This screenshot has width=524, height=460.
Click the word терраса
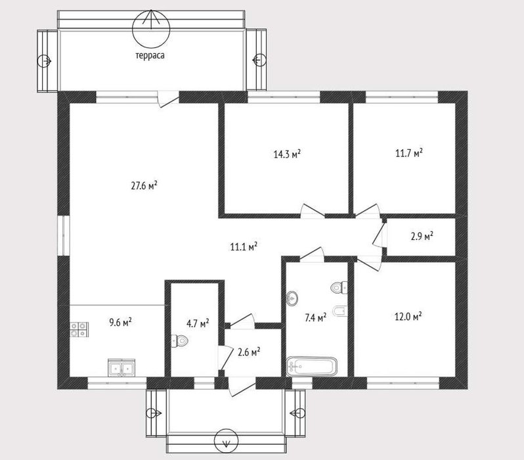coord(150,56)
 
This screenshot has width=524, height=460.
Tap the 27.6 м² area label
coord(144,185)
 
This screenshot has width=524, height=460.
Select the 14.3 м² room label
coord(287,154)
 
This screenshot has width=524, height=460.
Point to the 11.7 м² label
coord(409,153)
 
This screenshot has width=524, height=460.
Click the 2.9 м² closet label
coord(422,236)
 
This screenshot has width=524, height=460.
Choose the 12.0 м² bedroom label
coord(408,316)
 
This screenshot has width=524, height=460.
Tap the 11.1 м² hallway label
coord(244,247)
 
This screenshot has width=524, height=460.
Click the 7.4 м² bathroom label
coord(315,317)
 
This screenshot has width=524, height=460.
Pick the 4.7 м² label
coord(198,323)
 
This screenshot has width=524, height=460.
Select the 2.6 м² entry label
coord(249,352)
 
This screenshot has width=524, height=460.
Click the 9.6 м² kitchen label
coord(120,322)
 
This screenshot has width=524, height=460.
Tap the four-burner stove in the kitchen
coord(79,329)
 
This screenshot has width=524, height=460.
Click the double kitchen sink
coord(121,369)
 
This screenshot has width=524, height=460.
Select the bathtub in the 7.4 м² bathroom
coord(311,367)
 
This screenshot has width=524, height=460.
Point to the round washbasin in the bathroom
coord(292,298)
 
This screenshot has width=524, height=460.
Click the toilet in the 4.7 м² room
coord(180,341)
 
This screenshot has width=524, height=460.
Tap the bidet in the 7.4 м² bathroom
coord(340,311)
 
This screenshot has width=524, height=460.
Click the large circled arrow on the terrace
coord(151,29)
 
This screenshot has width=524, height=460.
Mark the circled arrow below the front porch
coord(226,441)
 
